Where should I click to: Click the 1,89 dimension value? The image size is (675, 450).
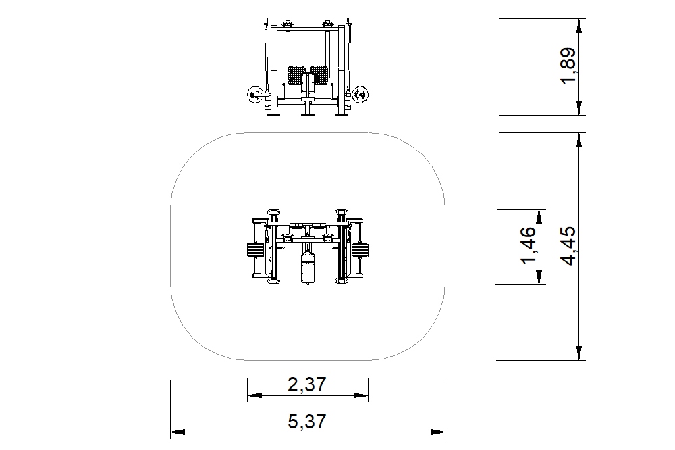pos(568,66)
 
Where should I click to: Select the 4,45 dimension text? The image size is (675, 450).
pos(568,245)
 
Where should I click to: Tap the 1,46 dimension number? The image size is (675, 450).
pos(529,245)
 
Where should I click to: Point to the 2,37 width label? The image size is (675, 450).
pos(307,384)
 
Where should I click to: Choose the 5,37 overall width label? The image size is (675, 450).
pos(307,421)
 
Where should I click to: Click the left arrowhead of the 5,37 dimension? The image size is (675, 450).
pos(178,432)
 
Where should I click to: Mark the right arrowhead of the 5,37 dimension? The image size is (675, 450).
pos(438,432)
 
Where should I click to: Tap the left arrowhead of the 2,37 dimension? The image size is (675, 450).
pos(254,395)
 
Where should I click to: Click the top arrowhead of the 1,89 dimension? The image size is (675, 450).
pos(579,26)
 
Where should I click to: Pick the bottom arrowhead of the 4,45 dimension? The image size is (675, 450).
pos(579,353)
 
